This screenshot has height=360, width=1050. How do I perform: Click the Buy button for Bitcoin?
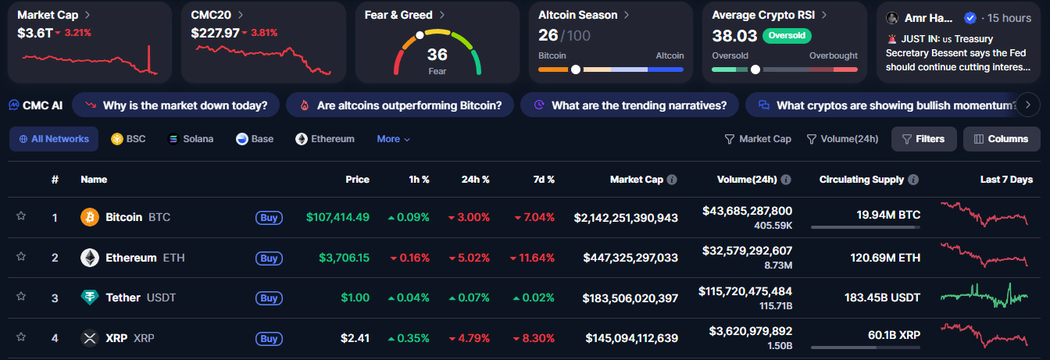269,217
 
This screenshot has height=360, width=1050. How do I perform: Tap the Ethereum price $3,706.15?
344,258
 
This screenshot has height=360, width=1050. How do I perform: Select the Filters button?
923,139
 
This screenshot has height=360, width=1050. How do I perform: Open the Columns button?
1002,139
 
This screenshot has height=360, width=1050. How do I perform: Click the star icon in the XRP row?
21,337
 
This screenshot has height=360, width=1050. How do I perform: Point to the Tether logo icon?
90,298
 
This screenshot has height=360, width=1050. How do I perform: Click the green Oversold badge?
787,35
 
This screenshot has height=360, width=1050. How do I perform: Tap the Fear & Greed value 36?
437,55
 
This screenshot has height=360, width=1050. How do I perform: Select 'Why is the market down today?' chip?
176,105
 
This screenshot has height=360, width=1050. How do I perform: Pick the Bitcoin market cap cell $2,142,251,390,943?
626,217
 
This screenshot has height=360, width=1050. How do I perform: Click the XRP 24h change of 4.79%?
469,339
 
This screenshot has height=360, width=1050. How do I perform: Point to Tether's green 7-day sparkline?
984,296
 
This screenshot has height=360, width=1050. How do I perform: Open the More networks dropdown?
393,139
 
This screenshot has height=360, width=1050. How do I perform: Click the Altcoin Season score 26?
548,35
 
